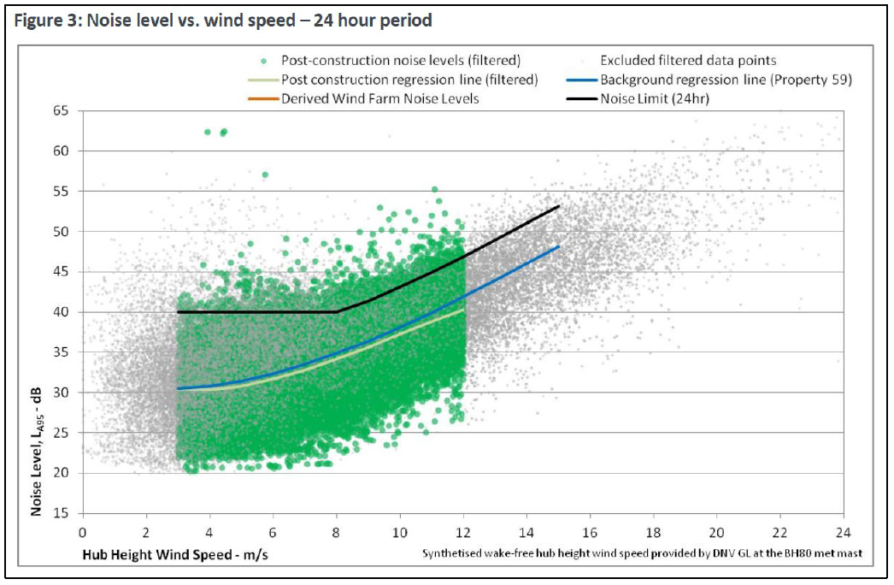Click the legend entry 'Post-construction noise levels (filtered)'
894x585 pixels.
pos(401,60)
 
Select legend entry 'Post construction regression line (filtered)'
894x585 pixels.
pos(409,80)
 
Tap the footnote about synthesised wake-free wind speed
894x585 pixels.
pos(642,553)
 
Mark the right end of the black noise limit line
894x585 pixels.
pos(558,206)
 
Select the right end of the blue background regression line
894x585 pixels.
pos(558,246)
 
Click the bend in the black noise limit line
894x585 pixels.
pos(336,312)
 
